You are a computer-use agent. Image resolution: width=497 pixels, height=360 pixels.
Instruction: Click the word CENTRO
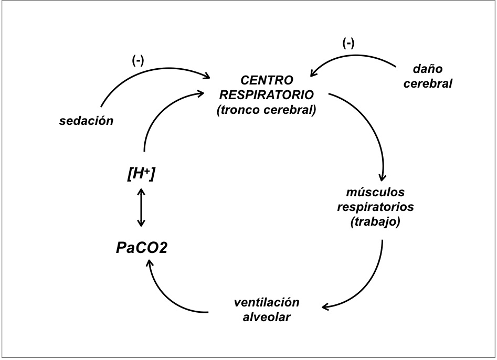pos(267,82)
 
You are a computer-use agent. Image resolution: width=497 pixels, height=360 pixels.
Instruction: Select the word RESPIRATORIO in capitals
pos(267,96)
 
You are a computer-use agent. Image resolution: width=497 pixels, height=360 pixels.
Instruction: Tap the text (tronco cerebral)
pos(267,110)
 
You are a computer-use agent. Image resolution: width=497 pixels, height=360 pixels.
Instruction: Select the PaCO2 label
pos(141,247)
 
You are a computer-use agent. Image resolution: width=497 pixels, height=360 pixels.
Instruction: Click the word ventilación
pos(267,303)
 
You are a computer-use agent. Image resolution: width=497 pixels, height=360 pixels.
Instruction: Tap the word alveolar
pos(267,317)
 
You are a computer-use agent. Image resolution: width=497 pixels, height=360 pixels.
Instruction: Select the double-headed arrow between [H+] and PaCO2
pos(140,208)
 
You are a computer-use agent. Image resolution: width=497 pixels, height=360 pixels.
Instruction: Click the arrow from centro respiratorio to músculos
pos(373,131)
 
